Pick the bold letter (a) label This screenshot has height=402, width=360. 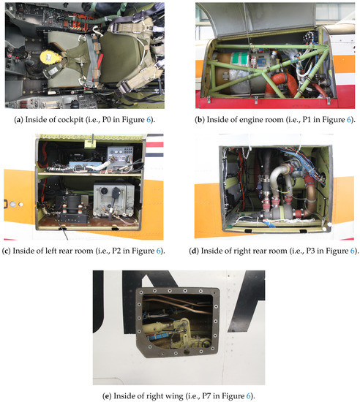coord(18,120)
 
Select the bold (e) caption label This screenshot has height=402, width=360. coord(107,396)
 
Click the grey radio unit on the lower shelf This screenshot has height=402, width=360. coord(113,200)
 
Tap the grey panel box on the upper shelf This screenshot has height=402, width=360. coord(120,158)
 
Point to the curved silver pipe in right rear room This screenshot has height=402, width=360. coord(278,179)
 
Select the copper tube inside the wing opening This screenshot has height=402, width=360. coord(179,303)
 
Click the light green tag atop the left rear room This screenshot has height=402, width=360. coord(90,144)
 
